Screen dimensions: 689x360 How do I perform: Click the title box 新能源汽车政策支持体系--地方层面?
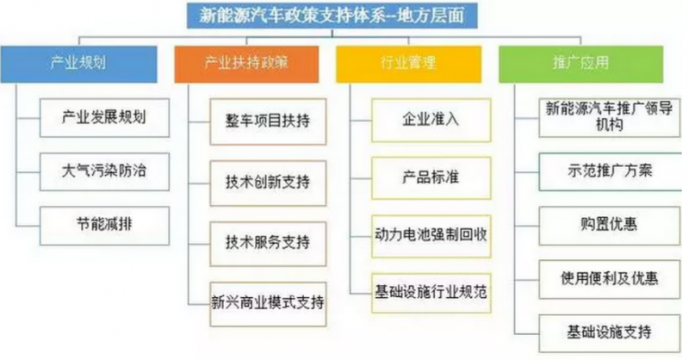coord(332,16)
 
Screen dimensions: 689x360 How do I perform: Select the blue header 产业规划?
coord(78,65)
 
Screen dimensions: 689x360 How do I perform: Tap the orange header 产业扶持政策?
coord(246,65)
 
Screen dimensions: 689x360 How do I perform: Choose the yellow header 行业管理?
coord(408,65)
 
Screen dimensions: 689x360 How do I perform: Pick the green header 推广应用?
coord(580,65)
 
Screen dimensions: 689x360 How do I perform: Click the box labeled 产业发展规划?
coord(104,118)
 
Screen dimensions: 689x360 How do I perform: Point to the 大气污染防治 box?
coord(104,172)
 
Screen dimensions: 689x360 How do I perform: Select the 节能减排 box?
coord(104,226)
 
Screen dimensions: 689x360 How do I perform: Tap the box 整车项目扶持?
coord(268,121)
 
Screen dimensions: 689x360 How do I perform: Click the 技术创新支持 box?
coord(268,183)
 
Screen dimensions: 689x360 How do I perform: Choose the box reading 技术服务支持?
coord(268,244)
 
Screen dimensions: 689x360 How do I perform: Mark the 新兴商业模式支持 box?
coord(268,304)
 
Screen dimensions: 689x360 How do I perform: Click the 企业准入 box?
coord(431,120)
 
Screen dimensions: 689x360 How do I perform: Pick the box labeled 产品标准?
coord(431,178)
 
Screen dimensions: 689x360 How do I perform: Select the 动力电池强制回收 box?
coord(431,236)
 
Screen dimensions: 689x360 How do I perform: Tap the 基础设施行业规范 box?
coord(431,293)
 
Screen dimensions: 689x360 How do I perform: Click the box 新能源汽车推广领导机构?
coord(610,117)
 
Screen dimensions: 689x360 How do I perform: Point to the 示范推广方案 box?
coord(611,171)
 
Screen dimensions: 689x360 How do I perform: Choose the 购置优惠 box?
coord(610,226)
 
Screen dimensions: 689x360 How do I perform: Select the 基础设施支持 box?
coord(610,333)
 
